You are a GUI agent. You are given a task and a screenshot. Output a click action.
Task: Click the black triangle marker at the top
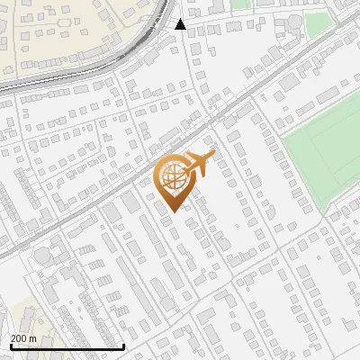[181, 24]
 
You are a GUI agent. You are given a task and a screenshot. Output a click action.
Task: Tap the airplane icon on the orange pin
[200, 164]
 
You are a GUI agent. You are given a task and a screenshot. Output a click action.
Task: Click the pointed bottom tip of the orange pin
[173, 211]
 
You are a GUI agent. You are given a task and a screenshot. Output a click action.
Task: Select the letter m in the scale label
[33, 337]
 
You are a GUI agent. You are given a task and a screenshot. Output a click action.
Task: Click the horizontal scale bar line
[67, 346]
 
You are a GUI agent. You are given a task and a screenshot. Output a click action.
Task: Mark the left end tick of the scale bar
[10, 346]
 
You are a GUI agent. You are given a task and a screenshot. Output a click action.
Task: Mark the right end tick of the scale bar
[123, 346]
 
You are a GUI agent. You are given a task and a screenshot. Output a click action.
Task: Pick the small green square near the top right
[317, 22]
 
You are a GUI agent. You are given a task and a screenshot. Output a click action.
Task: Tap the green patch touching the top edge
[240, 4]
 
